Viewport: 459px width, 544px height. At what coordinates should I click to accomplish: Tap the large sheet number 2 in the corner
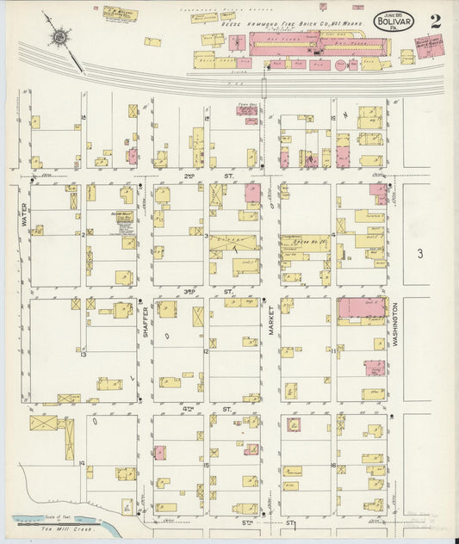pyautogui.click(x=436, y=22)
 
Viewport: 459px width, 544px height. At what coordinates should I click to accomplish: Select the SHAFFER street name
pyautogui.click(x=146, y=323)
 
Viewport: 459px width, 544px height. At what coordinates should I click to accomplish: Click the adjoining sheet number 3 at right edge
pyautogui.click(x=420, y=253)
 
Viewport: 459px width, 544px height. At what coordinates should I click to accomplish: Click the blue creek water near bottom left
pyautogui.click(x=34, y=520)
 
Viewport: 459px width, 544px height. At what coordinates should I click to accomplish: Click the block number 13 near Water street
pyautogui.click(x=84, y=354)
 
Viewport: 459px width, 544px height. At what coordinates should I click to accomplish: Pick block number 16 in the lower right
pyautogui.click(x=332, y=465)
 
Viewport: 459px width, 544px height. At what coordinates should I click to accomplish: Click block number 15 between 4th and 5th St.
pyautogui.click(x=207, y=465)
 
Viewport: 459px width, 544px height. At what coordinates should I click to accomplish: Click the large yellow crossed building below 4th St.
pyautogui.click(x=43, y=423)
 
